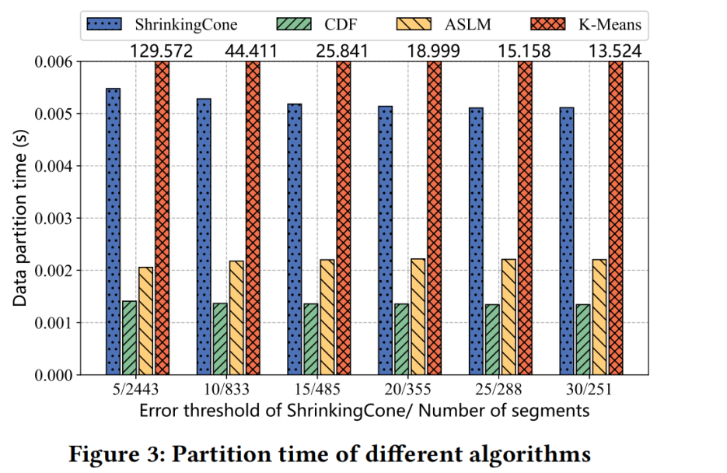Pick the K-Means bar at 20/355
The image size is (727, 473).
point(434,218)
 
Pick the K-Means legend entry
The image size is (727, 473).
point(593,25)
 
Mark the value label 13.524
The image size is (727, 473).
point(615,51)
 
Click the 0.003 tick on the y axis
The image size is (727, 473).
point(58,219)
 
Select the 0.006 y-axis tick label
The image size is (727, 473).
point(58,62)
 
